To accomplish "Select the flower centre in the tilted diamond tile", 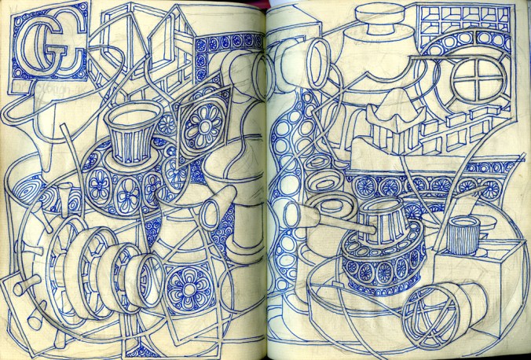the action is pos(203,127).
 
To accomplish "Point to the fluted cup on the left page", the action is pos(132,131).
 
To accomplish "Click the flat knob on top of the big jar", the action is pos(380,20).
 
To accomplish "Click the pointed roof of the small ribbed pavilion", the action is pos(396,108).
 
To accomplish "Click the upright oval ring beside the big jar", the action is pos(318,63).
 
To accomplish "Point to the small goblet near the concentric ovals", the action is pos(65,200).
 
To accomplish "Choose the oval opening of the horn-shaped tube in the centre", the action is pos(211,215).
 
